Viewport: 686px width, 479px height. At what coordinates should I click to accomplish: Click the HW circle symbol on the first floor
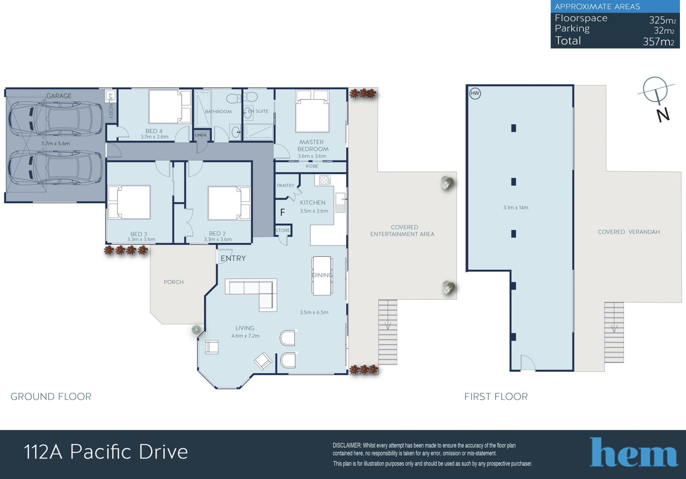pos(475,94)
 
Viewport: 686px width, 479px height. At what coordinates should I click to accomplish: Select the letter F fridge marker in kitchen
pos(282,213)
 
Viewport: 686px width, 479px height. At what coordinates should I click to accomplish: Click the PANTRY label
pos(285,185)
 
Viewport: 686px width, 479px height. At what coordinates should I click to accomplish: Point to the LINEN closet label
pos(200,135)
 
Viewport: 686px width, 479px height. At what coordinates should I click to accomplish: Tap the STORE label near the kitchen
pos(283,230)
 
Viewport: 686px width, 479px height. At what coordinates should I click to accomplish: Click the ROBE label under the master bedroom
pos(312,166)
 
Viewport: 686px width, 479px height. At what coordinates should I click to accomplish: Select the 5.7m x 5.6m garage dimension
pos(56,144)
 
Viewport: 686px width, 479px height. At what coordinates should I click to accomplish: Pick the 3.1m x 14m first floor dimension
pos(516,208)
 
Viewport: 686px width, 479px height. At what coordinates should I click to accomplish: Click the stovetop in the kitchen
pos(325,180)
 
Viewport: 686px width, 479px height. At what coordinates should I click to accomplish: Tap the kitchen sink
pos(340,202)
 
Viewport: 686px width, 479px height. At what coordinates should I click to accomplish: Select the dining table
pos(322,275)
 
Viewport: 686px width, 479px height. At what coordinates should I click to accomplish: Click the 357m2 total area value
pos(658,42)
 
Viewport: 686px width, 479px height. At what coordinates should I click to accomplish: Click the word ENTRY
pos(233,258)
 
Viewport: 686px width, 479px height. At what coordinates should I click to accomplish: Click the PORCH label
pos(174,282)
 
